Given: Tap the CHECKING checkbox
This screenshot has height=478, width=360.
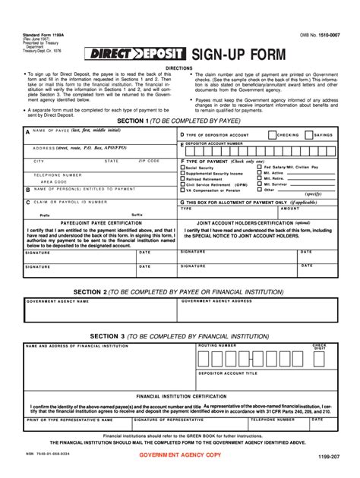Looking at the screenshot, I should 272,134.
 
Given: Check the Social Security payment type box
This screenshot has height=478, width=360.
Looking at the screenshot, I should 182,168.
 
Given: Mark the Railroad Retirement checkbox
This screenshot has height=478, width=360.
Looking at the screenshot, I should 182,178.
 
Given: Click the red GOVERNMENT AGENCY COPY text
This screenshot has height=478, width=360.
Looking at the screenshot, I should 180,454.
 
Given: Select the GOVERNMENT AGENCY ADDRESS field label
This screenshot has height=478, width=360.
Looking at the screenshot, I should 216,301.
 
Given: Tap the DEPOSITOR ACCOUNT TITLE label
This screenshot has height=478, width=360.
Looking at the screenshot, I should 228,373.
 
